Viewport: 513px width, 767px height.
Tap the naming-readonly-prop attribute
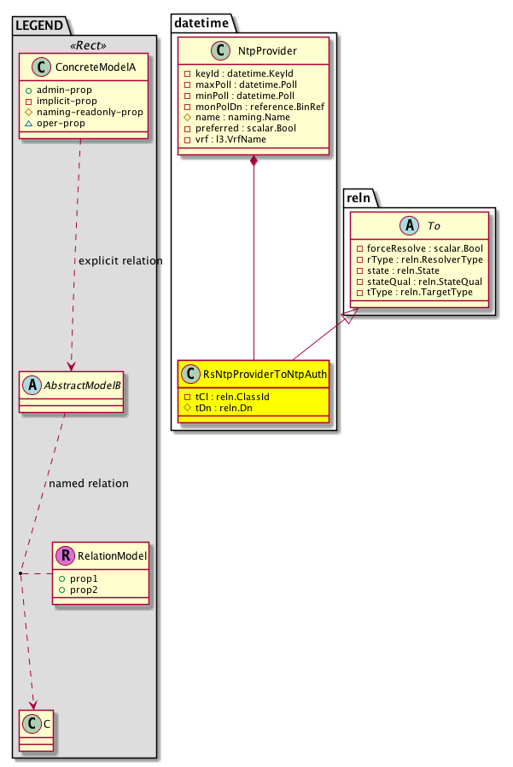[x=99, y=112]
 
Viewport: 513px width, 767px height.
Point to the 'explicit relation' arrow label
[x=120, y=260]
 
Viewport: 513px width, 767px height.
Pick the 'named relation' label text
[x=89, y=484]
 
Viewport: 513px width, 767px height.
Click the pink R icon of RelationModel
[x=65, y=557]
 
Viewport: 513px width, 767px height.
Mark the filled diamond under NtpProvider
[x=254, y=161]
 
